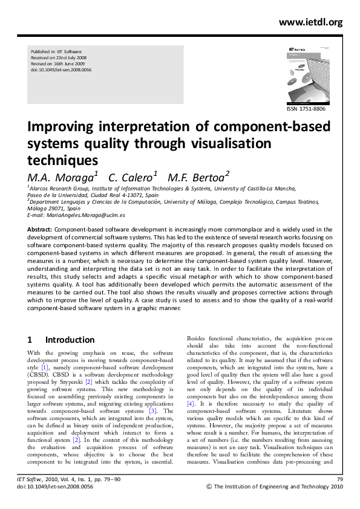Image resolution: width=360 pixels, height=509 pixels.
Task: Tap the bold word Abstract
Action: pyautogui.click(x=41, y=229)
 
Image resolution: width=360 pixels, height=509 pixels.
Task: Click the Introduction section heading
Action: pyautogui.click(x=70, y=340)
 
